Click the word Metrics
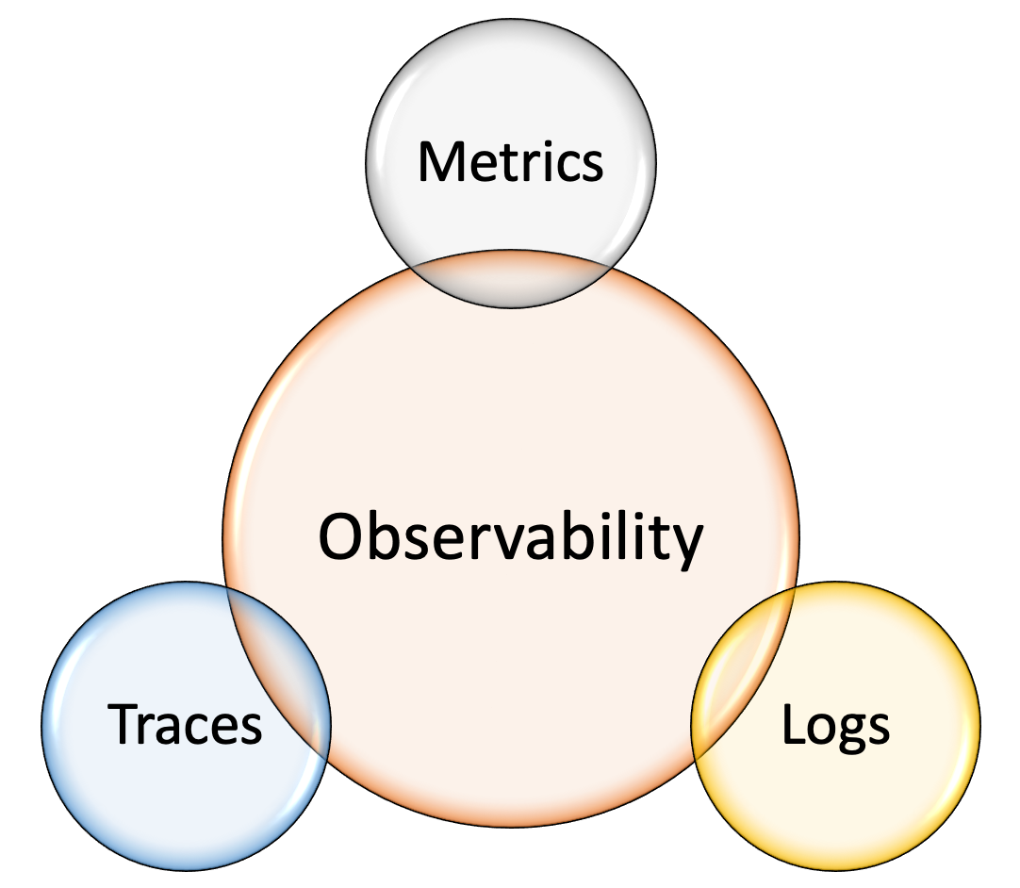click(x=510, y=161)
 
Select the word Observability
click(x=510, y=537)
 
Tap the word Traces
click(x=185, y=725)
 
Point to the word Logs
click(x=836, y=725)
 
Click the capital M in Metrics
click(x=439, y=161)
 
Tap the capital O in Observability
click(x=340, y=537)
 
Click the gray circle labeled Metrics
click(x=510, y=104)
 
